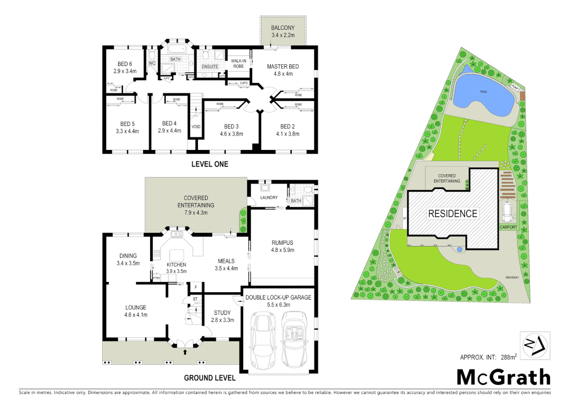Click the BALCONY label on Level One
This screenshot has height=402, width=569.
click(283, 28)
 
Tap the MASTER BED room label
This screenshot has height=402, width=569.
click(283, 67)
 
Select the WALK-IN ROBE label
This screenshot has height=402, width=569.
click(238, 64)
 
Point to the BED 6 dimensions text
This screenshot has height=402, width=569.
click(125, 71)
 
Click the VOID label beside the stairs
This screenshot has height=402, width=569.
click(196, 127)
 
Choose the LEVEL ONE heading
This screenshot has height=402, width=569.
click(210, 164)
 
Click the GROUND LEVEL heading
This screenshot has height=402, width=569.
click(210, 378)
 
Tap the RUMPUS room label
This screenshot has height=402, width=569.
click(282, 243)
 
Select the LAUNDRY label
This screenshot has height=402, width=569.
click(269, 198)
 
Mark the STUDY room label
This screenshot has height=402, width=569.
click(222, 313)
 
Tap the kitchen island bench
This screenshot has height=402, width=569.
click(177, 255)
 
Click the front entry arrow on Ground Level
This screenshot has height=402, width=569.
click(185, 352)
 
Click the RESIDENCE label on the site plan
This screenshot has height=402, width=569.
click(452, 214)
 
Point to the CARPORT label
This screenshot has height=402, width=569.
click(508, 227)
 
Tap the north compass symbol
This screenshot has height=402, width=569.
click(535, 345)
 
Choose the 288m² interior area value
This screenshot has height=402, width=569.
click(508, 357)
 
